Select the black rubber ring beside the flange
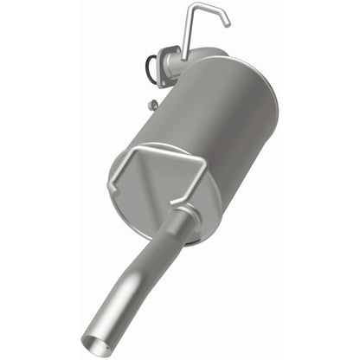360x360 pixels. [152, 65]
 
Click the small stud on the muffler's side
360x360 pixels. [152, 105]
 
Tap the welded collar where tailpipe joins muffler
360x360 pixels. [183, 214]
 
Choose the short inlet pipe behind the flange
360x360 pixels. [180, 66]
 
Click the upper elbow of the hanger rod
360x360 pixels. [191, 9]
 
